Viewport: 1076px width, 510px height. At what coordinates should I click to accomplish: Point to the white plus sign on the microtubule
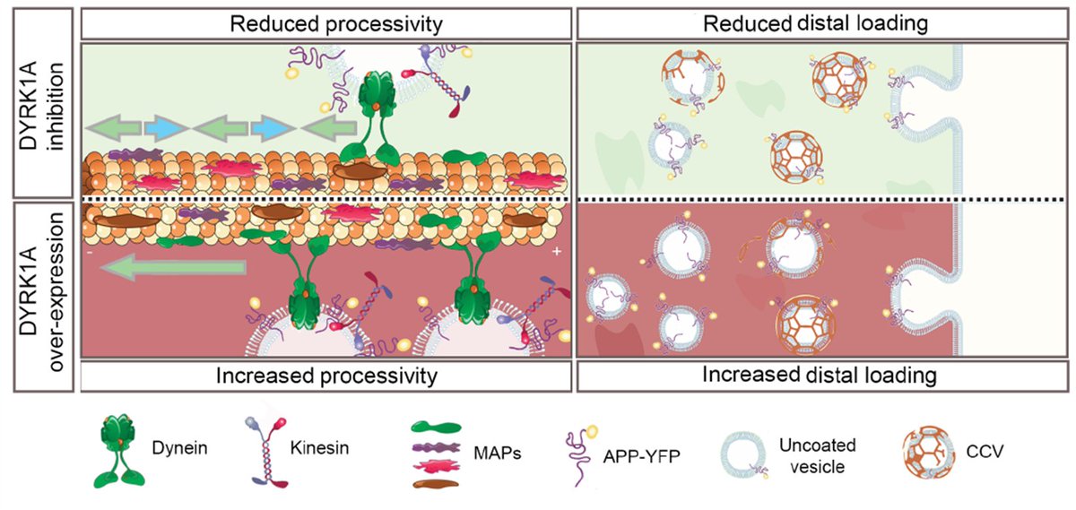click(556, 253)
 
